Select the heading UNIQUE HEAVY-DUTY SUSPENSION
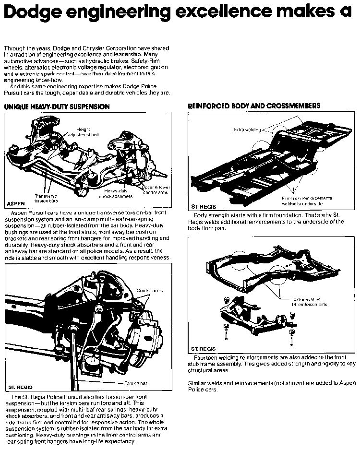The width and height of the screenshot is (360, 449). click(x=57, y=106)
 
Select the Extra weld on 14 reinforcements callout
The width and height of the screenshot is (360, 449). click(x=307, y=301)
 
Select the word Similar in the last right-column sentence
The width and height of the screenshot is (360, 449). click(x=198, y=384)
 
